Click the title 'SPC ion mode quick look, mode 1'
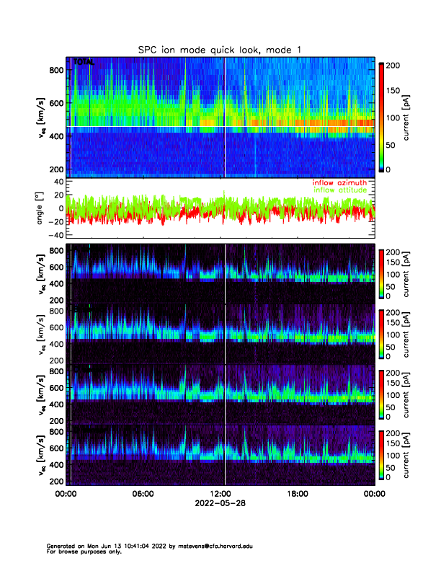coord(220,49)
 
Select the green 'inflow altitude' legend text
coord(342,190)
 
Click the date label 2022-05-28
coord(220,504)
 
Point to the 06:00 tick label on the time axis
coord(143,495)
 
